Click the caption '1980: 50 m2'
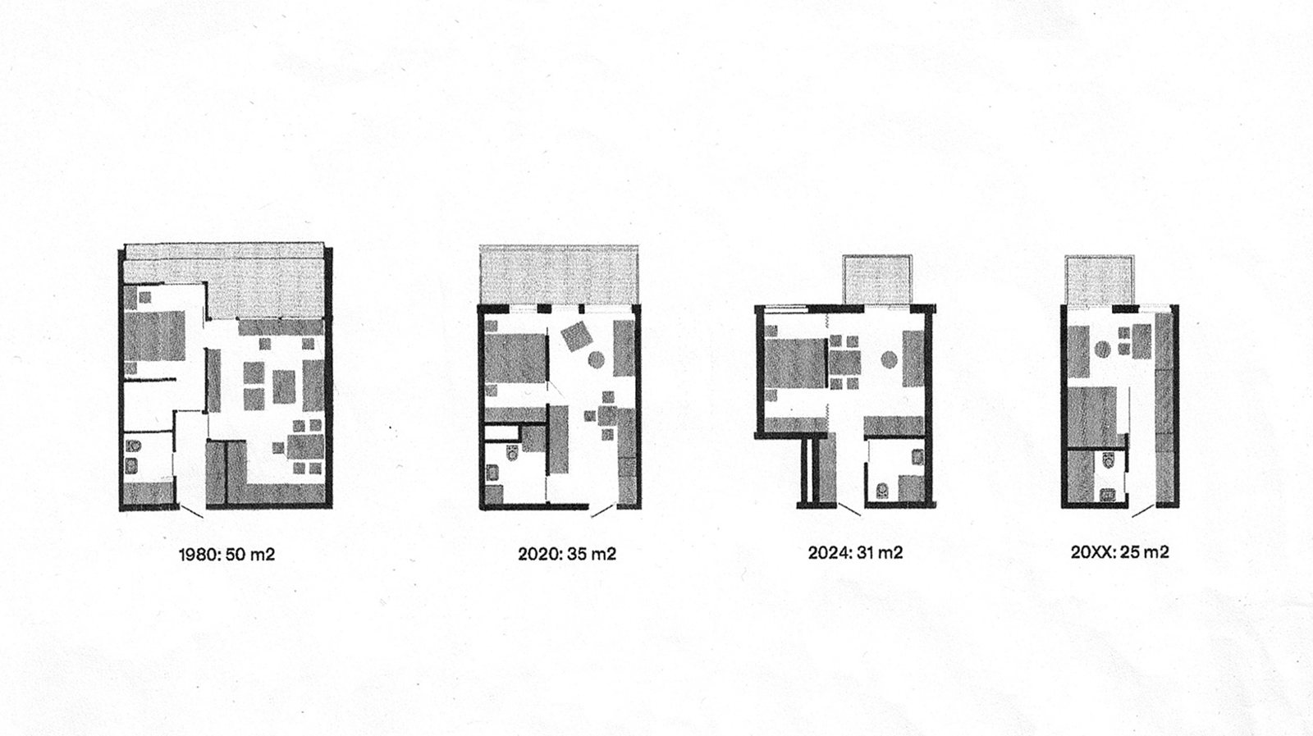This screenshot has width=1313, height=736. click(x=226, y=554)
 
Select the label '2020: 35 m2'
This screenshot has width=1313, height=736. click(x=567, y=554)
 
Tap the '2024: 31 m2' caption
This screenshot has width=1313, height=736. click(x=855, y=552)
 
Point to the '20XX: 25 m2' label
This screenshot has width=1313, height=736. click(x=1119, y=552)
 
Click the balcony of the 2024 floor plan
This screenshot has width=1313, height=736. click(x=877, y=280)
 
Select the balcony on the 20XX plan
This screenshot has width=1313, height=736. click(x=1100, y=280)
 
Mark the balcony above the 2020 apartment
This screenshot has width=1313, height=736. click(x=559, y=275)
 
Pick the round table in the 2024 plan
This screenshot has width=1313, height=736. click(x=888, y=359)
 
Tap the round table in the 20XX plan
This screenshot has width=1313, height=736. click(x=1103, y=350)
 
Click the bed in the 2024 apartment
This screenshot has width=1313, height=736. click(x=796, y=363)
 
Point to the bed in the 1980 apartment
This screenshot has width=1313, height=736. click(x=155, y=336)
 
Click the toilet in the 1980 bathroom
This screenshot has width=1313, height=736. click(x=133, y=446)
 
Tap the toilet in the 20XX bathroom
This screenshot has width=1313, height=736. click(x=1109, y=460)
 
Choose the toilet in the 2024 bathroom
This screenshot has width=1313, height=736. click(x=881, y=489)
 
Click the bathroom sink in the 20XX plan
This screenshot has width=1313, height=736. click(x=1109, y=495)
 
